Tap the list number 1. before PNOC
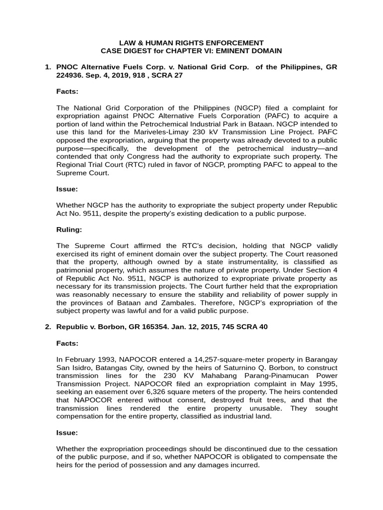[48, 67]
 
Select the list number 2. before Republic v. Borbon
[48, 327]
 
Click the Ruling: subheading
[69, 230]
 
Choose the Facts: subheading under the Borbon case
[67, 343]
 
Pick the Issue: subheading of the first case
[67, 189]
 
